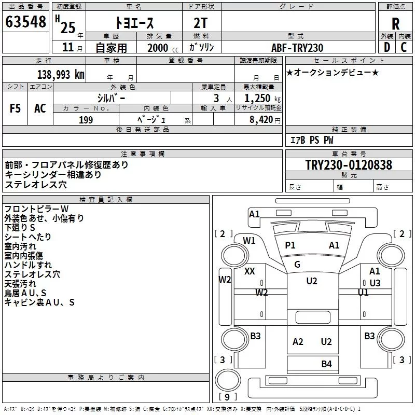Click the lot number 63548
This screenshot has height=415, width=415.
[25, 22]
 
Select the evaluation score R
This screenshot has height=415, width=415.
[395, 23]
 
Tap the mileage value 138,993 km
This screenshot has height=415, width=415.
[61, 75]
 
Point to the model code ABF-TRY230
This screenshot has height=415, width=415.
[297, 48]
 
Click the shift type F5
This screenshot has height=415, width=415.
[15, 108]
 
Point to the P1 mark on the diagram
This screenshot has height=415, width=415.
[290, 245]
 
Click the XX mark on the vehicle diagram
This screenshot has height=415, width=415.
[250, 271]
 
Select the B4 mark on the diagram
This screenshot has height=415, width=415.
[326, 364]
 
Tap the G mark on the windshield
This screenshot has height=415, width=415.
[297, 265]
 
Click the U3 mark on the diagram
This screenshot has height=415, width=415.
[375, 283]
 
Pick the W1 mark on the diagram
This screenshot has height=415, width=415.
[250, 240]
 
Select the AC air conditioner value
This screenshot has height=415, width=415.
[40, 108]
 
